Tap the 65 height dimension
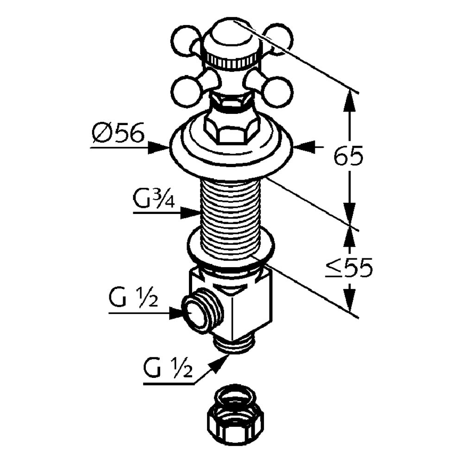(x=349, y=157)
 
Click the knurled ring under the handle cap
(x=231, y=60)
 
